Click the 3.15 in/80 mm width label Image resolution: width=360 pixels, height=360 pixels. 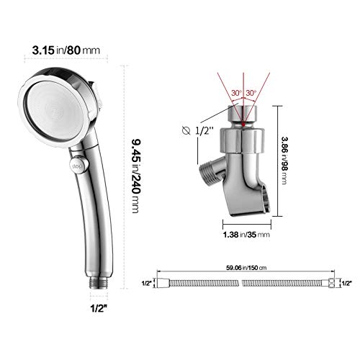pyautogui.click(x=66, y=50)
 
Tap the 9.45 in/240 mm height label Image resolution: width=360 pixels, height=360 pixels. pyautogui.click(x=136, y=176)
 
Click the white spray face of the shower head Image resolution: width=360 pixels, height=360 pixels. pyautogui.click(x=56, y=111)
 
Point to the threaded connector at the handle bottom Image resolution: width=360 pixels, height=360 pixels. pyautogui.click(x=99, y=283)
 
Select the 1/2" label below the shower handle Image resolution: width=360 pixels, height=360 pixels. pyautogui.click(x=99, y=308)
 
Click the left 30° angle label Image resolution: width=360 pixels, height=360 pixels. pyautogui.click(x=236, y=93)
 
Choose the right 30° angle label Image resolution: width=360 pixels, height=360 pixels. pyautogui.click(x=251, y=93)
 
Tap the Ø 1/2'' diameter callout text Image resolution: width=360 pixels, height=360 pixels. pyautogui.click(x=197, y=131)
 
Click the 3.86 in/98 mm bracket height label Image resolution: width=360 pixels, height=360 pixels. pyautogui.click(x=284, y=161)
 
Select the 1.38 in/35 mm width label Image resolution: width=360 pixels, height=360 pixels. pyautogui.click(x=246, y=235)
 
